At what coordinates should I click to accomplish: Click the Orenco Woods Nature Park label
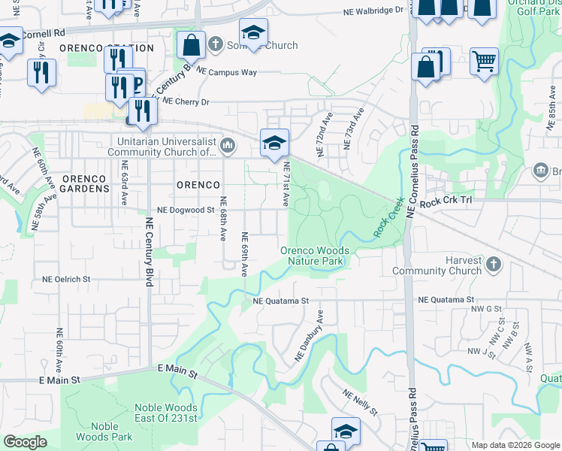(x=314, y=256)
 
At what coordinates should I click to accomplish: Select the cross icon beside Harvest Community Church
(x=493, y=264)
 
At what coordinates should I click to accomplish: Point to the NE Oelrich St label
(x=66, y=279)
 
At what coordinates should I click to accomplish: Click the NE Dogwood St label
(x=185, y=211)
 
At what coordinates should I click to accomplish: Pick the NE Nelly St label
(x=359, y=402)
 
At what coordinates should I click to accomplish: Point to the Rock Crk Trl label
(x=448, y=202)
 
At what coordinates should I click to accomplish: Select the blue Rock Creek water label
(x=385, y=223)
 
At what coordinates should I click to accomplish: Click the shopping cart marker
(x=484, y=61)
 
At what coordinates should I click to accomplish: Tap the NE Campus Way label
(x=226, y=73)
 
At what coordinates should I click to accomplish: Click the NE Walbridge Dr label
(x=373, y=11)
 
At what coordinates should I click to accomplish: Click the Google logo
(x=26, y=442)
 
